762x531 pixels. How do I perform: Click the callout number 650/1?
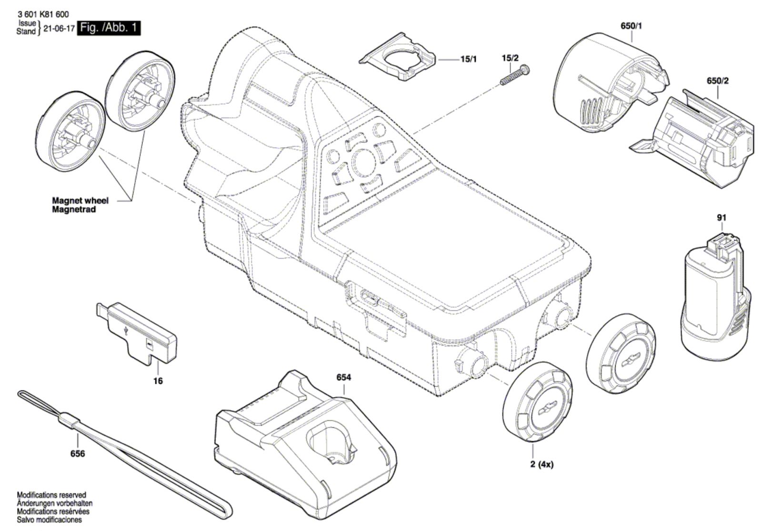(x=632, y=26)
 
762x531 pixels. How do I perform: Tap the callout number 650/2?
(x=718, y=81)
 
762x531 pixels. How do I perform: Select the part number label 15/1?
(x=469, y=59)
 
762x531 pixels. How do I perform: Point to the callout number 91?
(x=722, y=217)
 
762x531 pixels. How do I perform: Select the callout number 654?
(x=343, y=378)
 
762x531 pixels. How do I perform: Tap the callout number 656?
(x=78, y=454)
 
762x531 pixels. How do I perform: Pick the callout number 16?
(x=158, y=380)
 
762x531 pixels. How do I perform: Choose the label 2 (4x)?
(x=542, y=464)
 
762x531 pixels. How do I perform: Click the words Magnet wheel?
(x=80, y=201)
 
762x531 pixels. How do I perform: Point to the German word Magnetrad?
(x=74, y=209)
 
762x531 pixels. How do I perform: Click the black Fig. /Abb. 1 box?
(x=109, y=28)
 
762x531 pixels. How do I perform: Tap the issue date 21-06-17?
(x=59, y=28)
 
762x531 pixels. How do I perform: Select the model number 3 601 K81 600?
(x=42, y=14)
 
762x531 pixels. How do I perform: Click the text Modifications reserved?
(x=52, y=495)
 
